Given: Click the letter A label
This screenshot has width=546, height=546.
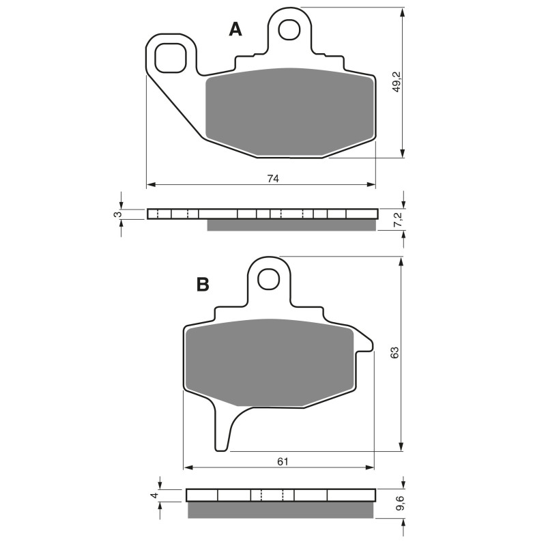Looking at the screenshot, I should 235,29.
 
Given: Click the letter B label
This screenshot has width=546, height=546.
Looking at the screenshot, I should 203,285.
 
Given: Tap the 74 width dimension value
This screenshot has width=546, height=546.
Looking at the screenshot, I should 273,178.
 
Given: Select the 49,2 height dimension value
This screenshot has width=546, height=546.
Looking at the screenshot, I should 397,83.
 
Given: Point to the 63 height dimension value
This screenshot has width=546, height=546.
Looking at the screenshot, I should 394,353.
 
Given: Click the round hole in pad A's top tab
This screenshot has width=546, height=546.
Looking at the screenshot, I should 289,29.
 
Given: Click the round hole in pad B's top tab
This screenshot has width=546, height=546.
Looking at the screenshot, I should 270,278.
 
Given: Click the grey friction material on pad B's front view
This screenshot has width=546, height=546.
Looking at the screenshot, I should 270,362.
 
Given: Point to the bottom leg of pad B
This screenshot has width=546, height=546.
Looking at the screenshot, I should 222,430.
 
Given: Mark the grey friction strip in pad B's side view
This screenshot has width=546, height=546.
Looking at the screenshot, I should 281,510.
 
